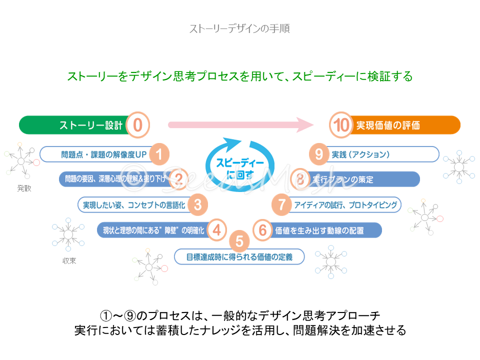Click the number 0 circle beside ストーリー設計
click(x=138, y=125)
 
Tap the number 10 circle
click(x=342, y=125)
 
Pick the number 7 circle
click(x=282, y=204)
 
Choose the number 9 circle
click(x=318, y=154)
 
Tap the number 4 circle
click(x=216, y=230)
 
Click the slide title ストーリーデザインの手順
click(x=239, y=28)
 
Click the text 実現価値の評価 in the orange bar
click(x=388, y=125)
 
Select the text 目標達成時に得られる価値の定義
click(x=238, y=257)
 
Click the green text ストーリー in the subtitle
click(x=92, y=76)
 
